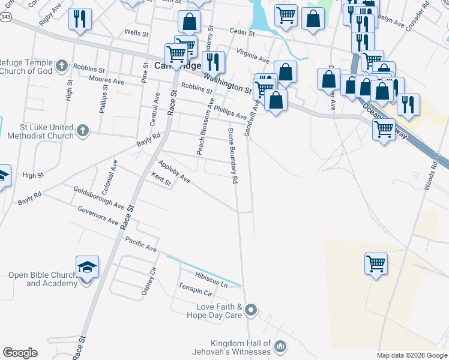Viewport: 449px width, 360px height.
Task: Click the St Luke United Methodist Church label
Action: (x=40, y=132)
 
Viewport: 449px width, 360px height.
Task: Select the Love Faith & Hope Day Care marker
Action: (x=252, y=310)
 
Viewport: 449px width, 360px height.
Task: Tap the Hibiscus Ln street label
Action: (x=211, y=280)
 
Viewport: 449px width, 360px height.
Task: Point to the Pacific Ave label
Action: (x=141, y=244)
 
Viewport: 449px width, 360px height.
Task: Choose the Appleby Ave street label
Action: (x=173, y=172)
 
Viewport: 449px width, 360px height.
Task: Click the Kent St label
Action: (x=161, y=180)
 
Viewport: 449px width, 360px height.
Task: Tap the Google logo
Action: (x=20, y=353)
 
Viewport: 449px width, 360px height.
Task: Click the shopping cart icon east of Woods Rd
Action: (x=376, y=262)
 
